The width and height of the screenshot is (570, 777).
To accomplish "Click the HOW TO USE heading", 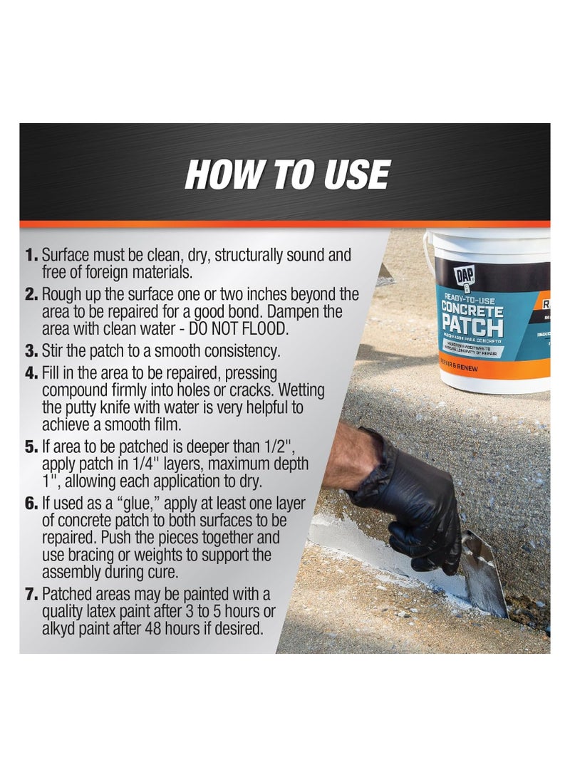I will tap(287, 174).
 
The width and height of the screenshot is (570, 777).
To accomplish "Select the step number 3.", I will tap(32, 350).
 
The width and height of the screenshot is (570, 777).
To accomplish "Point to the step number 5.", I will tap(32, 447).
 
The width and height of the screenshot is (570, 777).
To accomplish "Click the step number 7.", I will tap(32, 594).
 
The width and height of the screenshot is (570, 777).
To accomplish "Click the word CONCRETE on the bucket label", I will tap(472, 310).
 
